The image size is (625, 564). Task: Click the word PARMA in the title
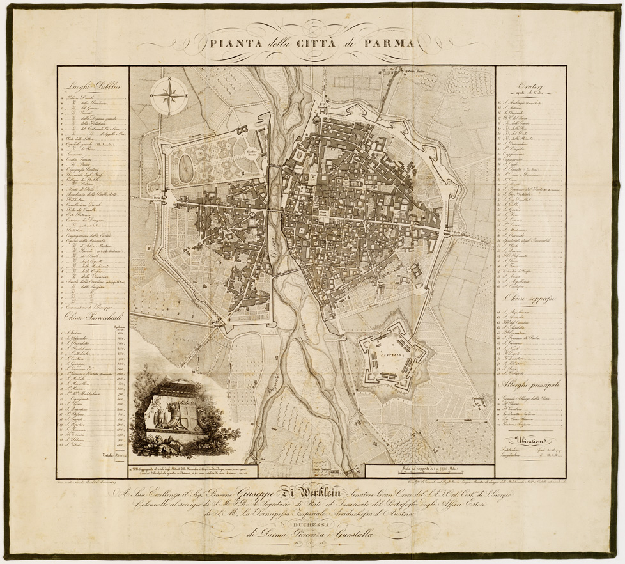(387, 44)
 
